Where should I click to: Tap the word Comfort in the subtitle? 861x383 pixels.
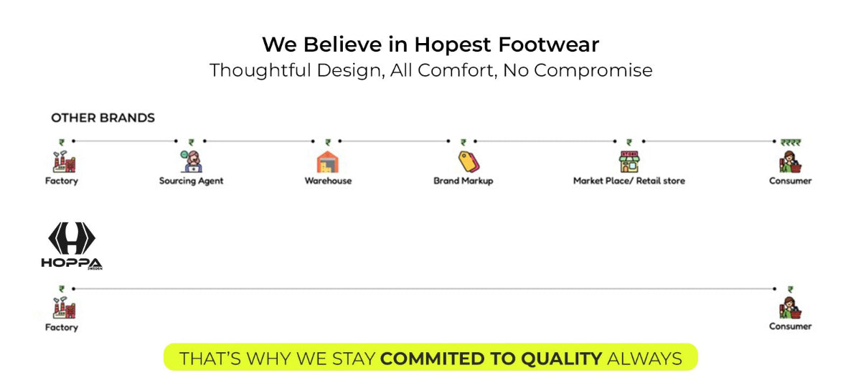456,70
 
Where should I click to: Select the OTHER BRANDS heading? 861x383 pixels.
103,118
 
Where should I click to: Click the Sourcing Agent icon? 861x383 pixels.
191,161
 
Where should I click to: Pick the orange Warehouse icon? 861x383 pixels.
327,161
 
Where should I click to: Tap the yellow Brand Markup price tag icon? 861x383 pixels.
469,161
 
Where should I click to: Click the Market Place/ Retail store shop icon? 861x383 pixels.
629,161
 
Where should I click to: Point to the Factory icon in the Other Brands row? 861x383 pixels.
64,161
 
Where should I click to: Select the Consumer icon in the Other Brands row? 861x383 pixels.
790,161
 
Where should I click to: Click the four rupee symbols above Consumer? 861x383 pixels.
791,143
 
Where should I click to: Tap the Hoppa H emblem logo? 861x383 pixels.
72,238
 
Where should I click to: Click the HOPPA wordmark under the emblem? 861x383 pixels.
72,263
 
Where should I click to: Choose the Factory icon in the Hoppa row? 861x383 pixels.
64,308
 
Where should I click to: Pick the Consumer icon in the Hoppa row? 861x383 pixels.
790,307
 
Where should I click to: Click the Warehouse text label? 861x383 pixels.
328,181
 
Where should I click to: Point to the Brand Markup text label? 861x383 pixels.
464,181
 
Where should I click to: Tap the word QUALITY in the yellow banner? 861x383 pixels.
561,359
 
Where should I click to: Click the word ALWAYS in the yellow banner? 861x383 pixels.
644,359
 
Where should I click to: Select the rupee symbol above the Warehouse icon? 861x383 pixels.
327,143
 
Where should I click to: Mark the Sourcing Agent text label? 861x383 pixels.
191,181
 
